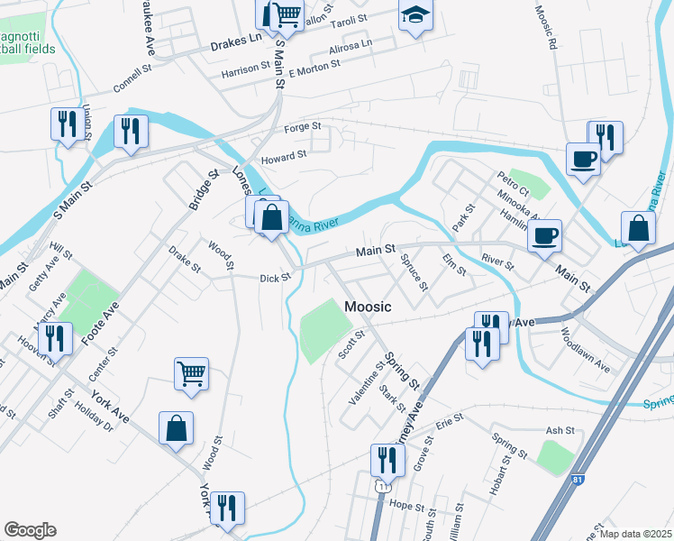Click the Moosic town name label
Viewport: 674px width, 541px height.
368,307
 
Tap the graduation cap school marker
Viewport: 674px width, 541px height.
415,16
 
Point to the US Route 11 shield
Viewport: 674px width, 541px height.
384,485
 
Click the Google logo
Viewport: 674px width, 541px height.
30,530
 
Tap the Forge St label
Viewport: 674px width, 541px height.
303,127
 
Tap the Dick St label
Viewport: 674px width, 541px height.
274,279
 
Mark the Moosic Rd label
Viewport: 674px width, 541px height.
547,28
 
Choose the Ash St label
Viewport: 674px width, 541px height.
560,431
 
